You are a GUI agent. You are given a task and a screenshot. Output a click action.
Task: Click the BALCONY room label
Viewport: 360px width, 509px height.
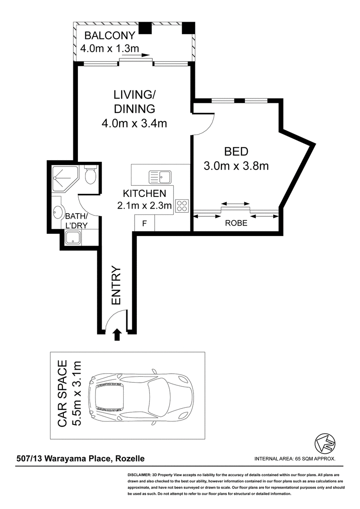coord(109,35)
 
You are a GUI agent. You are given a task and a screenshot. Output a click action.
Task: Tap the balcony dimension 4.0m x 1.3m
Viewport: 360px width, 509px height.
coord(109,49)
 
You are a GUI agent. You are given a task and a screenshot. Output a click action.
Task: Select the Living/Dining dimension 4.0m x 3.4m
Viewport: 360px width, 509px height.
coord(134,123)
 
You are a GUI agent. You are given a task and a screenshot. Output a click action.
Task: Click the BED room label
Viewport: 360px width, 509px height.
coord(236,152)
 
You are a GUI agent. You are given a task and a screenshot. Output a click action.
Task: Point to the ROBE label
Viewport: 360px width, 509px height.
coord(236,223)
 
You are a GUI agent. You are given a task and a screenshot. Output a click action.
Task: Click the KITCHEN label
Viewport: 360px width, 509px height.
coord(144,193)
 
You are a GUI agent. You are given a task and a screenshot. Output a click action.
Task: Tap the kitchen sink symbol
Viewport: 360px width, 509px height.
coord(160,177)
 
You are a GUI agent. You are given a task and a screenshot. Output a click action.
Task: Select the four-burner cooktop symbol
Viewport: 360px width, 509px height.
coord(182,205)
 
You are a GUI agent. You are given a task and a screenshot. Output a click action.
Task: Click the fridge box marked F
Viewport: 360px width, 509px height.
coord(144,223)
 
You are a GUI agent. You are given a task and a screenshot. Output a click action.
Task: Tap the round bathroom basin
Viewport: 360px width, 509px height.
coord(58,213)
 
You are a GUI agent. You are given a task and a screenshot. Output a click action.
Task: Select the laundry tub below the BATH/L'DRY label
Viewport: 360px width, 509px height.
coord(74,237)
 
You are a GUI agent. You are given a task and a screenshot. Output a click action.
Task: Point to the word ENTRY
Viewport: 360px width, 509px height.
coord(116,286)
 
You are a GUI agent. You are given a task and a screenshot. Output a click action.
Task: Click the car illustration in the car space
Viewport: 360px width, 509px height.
coord(142,396)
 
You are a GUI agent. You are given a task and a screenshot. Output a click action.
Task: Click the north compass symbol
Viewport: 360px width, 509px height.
coord(325,443)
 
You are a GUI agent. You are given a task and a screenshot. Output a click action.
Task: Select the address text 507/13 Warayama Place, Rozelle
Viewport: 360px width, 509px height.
coord(81,459)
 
